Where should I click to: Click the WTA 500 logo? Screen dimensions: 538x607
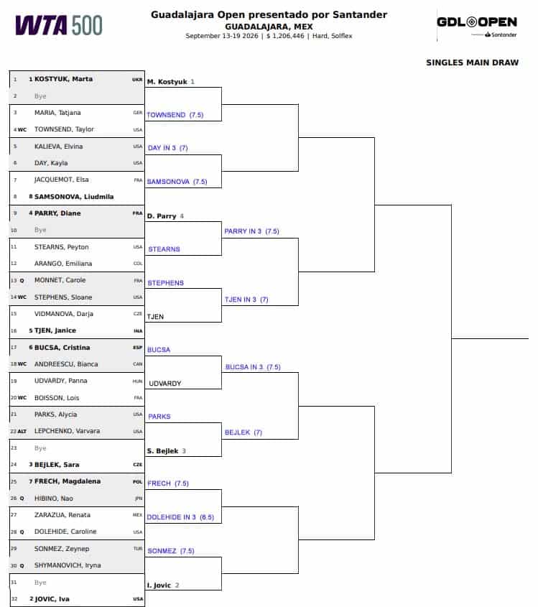pyautogui.click(x=59, y=26)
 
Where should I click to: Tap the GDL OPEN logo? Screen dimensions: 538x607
pyautogui.click(x=477, y=27)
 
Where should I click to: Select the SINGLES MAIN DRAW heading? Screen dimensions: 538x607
pyautogui.click(x=472, y=62)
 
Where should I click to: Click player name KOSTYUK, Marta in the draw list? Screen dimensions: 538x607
pyautogui.click(x=63, y=79)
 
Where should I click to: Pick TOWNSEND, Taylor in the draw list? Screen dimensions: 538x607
pyautogui.click(x=64, y=129)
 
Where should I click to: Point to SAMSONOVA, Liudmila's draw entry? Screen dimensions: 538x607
pyautogui.click(x=74, y=197)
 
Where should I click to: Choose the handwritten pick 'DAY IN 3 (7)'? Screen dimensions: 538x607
pyautogui.click(x=167, y=148)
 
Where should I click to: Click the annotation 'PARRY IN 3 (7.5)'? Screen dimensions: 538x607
pyautogui.click(x=251, y=231)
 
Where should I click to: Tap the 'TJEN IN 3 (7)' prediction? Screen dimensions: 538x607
pyautogui.click(x=246, y=300)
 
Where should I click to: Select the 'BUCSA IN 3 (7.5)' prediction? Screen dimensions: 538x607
pyautogui.click(x=253, y=367)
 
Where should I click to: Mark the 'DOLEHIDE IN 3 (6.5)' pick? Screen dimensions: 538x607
pyautogui.click(x=180, y=517)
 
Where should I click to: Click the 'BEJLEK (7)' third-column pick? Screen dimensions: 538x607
pyautogui.click(x=244, y=432)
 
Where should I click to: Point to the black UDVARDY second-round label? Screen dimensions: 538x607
pyautogui.click(x=165, y=384)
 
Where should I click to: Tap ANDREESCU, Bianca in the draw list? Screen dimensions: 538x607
pyautogui.click(x=66, y=364)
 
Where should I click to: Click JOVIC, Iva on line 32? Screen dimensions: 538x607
pyautogui.click(x=52, y=599)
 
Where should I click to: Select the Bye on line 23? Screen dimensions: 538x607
pyautogui.click(x=40, y=448)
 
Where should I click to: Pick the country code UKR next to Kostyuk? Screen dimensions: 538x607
pyautogui.click(x=137, y=79)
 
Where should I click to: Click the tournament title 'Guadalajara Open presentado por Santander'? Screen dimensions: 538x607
pyautogui.click(x=269, y=14)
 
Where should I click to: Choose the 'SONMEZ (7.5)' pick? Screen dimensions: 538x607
pyautogui.click(x=171, y=551)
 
